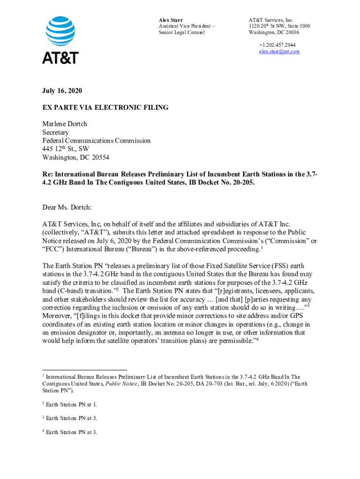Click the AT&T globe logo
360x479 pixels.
60,31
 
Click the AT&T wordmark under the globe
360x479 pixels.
60,58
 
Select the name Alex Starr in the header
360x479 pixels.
171,20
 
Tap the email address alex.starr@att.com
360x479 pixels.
280,51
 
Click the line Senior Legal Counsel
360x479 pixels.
182,32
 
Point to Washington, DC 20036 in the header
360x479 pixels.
274,32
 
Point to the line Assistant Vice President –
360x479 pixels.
187,26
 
